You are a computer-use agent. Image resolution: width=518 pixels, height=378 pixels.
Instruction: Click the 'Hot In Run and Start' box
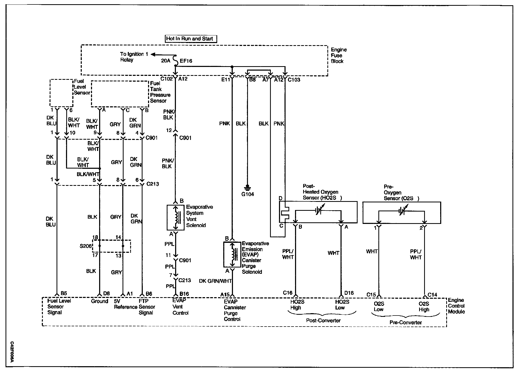coord(191,39)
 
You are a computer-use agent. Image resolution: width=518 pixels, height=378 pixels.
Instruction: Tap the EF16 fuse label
coord(186,61)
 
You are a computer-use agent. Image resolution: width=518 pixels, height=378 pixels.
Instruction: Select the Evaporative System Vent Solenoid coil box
coord(175,218)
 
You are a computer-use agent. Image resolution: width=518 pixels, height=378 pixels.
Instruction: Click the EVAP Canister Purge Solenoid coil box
coord(232,254)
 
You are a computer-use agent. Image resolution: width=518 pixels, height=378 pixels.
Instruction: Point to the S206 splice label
coord(85,246)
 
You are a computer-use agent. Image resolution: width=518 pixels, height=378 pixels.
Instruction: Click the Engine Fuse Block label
coord(338,55)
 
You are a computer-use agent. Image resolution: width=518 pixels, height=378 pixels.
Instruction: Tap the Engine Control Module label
coord(456,306)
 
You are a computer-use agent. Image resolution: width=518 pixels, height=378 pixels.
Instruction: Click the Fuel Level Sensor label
coord(82,87)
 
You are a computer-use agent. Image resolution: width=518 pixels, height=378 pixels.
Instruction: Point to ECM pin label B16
coord(184,294)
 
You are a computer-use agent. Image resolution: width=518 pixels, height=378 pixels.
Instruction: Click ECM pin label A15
coord(225,295)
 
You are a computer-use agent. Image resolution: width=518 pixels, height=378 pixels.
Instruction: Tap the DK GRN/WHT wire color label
coord(215,281)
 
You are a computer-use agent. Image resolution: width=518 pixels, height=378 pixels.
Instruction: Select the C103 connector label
coord(294,80)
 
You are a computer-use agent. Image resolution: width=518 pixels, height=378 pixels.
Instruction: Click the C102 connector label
coord(166,79)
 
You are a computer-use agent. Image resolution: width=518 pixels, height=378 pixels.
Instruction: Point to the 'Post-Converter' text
coord(323,321)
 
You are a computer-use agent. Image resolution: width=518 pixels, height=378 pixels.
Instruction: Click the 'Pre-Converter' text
coord(405,322)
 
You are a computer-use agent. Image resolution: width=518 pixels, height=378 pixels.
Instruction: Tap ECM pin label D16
coord(349,293)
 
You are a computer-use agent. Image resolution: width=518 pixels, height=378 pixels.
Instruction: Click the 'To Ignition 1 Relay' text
coord(134,57)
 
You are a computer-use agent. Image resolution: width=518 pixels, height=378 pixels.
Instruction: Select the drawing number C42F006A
coord(12,352)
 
